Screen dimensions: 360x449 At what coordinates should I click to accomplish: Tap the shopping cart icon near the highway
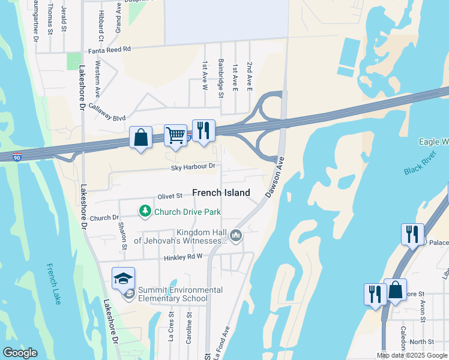click(x=175, y=135)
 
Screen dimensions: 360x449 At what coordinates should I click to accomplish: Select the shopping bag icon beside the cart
click(x=140, y=137)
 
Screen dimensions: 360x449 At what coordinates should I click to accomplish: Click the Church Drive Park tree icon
click(x=145, y=211)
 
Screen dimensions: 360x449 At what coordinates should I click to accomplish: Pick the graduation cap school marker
click(x=123, y=278)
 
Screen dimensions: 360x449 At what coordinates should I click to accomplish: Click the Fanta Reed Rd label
click(x=109, y=50)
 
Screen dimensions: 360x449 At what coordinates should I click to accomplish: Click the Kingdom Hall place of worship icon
click(x=236, y=235)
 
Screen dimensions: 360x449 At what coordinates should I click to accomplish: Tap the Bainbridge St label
click(x=221, y=78)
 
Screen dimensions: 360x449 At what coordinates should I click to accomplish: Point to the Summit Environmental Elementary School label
click(x=180, y=294)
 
